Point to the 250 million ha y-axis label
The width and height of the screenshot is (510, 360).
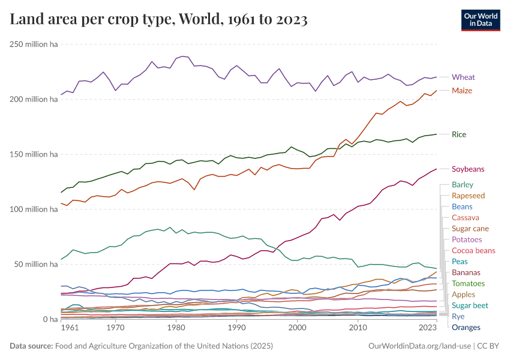coord(33,44)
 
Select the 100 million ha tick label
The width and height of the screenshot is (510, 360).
coord(33,209)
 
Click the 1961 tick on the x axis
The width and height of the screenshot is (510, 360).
coord(70,328)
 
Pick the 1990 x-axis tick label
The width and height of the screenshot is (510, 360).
coord(236,328)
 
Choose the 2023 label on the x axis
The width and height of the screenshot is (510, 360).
coord(428,328)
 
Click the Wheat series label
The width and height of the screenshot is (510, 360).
coord(463,77)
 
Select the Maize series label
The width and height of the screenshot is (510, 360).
coord(462,91)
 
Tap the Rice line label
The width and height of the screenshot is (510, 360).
coord(459,134)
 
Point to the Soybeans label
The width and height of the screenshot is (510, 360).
coord(468,169)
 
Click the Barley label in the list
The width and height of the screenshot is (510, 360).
coord(462,185)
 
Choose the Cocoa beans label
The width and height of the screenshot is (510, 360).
coord(473,250)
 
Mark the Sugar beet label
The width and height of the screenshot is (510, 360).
coord(470,305)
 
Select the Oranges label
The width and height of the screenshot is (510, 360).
coord(466,327)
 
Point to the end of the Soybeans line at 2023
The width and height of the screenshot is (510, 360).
coord(436,169)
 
